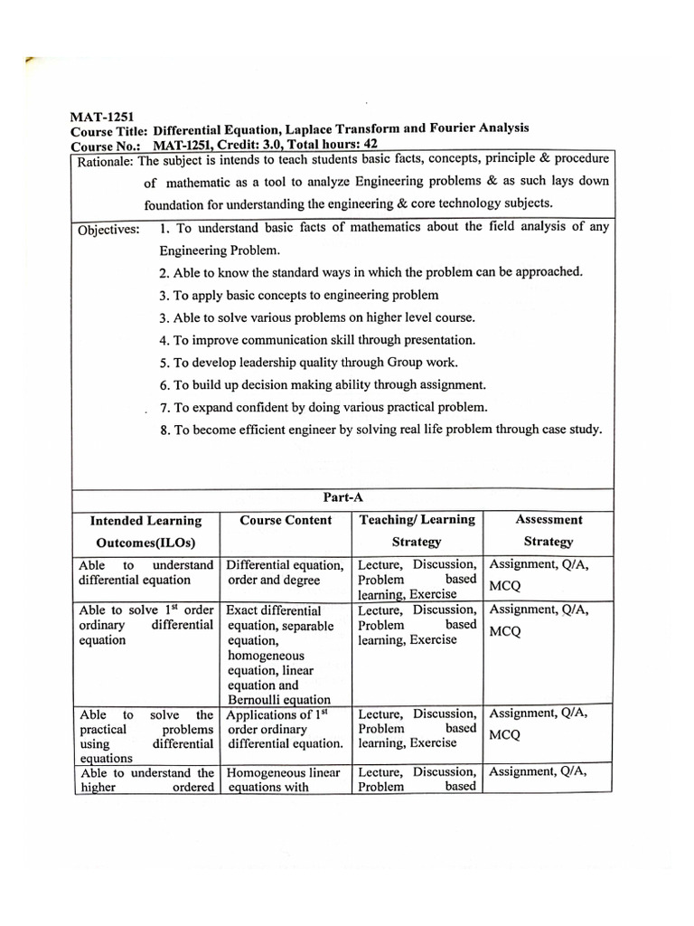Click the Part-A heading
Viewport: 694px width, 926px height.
pyautogui.click(x=342, y=496)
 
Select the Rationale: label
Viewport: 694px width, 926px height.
pyautogui.click(x=105, y=162)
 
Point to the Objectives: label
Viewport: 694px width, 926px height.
pyautogui.click(x=108, y=229)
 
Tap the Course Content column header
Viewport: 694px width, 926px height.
pyautogui.click(x=286, y=520)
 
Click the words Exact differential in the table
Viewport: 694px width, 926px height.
pyautogui.click(x=274, y=610)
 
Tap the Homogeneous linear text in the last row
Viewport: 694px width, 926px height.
pyautogui.click(x=283, y=772)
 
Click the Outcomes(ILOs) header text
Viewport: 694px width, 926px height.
pyautogui.click(x=145, y=543)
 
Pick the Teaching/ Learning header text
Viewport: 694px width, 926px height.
pyautogui.click(x=417, y=519)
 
